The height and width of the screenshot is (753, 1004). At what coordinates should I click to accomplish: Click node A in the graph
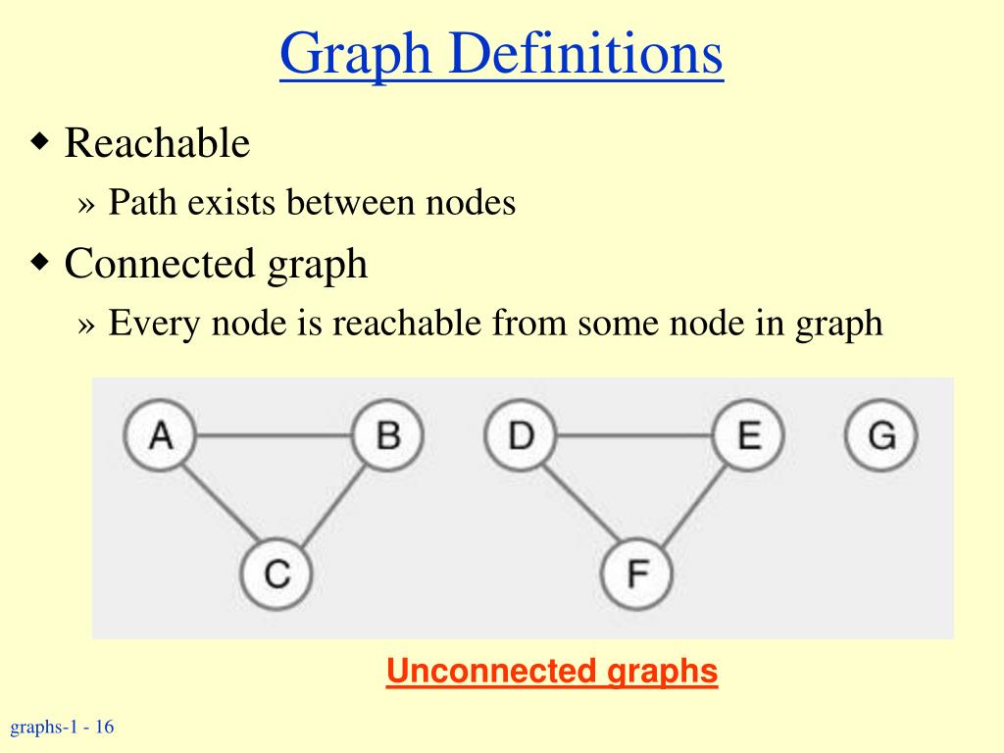(161, 434)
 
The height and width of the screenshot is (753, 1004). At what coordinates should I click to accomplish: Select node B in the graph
(388, 434)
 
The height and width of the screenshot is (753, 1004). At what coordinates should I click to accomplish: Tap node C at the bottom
(276, 573)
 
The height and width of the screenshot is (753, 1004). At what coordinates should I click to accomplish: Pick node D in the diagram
(521, 434)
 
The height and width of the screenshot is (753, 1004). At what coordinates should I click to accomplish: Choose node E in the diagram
(749, 434)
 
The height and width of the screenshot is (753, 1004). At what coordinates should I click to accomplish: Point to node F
(637, 573)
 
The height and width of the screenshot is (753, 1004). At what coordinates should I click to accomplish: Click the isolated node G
(881, 434)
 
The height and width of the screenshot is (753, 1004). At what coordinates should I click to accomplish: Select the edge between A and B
(275, 434)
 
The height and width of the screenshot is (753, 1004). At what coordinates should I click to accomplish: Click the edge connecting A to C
(218, 502)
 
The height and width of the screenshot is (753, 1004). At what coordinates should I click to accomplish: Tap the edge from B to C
(333, 502)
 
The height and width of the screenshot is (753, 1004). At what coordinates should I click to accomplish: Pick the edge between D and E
(634, 434)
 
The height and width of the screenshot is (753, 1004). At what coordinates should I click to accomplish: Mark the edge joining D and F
(578, 502)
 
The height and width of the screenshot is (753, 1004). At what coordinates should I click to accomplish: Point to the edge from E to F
(694, 502)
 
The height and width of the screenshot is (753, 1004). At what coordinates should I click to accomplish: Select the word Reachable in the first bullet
(157, 143)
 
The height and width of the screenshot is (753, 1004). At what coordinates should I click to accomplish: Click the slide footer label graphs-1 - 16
(62, 728)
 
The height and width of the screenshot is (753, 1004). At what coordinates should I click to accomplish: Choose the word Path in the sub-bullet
(143, 203)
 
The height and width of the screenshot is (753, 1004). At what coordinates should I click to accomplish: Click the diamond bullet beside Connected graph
(40, 262)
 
